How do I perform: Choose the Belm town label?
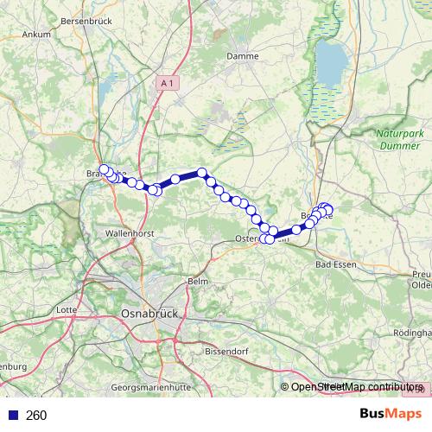pyautogui.click(x=198, y=283)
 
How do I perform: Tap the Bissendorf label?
pyautogui.click(x=228, y=352)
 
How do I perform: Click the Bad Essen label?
pyautogui.click(x=336, y=264)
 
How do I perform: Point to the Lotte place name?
pyautogui.click(x=66, y=309)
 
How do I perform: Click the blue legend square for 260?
pyautogui.click(x=11, y=416)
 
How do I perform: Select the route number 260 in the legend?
pyautogui.click(x=37, y=416)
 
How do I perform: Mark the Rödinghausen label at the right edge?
pyautogui.click(x=413, y=333)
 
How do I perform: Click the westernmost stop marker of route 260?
pyautogui.click(x=104, y=169)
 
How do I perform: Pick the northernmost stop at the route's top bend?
pyautogui.click(x=202, y=172)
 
